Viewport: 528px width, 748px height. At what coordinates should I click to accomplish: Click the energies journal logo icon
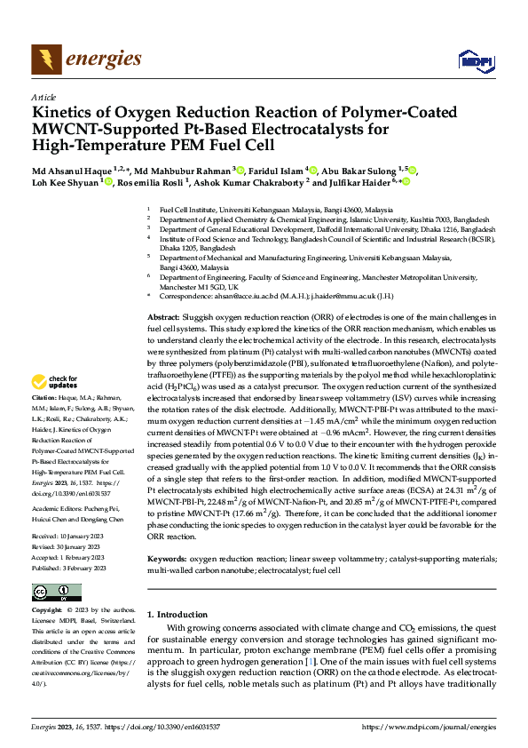(43, 60)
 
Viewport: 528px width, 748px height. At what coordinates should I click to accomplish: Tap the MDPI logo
(475, 60)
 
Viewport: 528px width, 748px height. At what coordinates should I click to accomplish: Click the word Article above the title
(43, 98)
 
